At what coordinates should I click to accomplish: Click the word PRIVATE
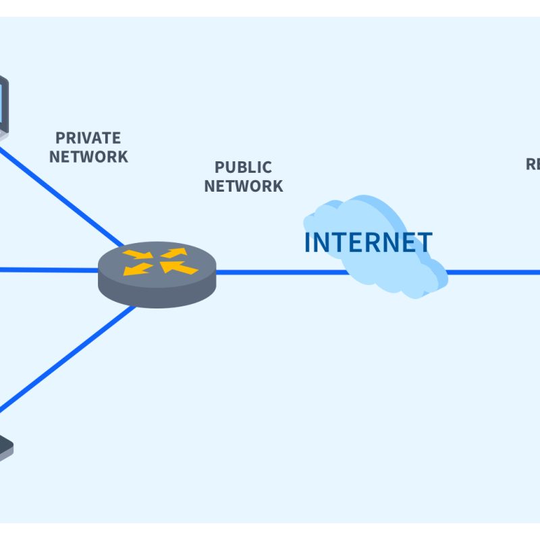coord(88,138)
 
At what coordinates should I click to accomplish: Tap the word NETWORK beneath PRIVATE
coord(88,157)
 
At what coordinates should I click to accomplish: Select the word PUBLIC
coord(243,167)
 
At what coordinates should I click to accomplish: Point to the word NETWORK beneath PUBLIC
coord(243,186)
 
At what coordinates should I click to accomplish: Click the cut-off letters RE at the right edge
coord(533,164)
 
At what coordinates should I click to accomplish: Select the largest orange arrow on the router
coord(180,267)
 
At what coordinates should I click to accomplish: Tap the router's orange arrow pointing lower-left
coord(138,269)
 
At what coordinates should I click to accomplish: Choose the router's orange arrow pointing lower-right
coord(137,254)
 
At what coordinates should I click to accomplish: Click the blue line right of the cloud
coord(493,273)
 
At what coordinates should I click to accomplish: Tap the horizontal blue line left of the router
coord(47,270)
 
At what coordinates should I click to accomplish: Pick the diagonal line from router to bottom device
coord(67,358)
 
